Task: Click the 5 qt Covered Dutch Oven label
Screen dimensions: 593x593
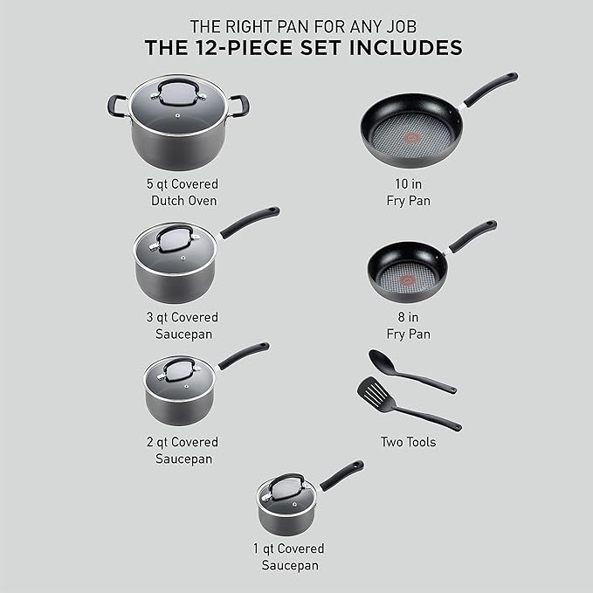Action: [x=183, y=192]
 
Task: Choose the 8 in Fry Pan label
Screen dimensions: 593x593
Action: [x=409, y=326]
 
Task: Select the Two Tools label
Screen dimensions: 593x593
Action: [x=408, y=442]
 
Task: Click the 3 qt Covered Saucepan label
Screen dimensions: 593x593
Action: [x=183, y=325]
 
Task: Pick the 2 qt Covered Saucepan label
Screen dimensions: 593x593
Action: [x=183, y=450]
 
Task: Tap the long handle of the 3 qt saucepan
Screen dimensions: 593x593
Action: [x=250, y=222]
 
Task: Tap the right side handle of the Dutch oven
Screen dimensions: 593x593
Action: [x=240, y=107]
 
